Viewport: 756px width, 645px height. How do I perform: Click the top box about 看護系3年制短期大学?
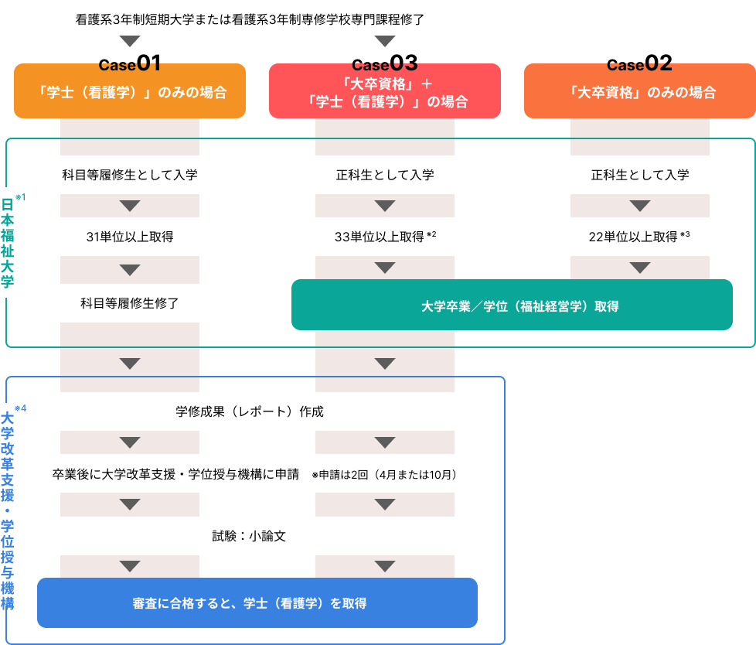pyautogui.click(x=257, y=19)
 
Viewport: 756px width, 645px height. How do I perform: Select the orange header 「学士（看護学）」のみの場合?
pyautogui.click(x=130, y=91)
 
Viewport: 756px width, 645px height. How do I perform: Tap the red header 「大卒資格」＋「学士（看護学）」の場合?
pyautogui.click(x=385, y=91)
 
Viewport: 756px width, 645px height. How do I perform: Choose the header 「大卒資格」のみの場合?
pyautogui.click(x=640, y=91)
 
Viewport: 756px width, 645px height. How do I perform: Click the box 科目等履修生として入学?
pyautogui.click(x=130, y=175)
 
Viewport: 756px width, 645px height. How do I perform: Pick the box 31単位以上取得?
pyautogui.click(x=130, y=237)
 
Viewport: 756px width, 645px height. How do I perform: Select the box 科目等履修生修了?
pyautogui.click(x=130, y=303)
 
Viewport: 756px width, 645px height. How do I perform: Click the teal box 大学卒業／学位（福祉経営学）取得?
pyautogui.click(x=512, y=305)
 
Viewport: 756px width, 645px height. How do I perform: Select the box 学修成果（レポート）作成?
pyautogui.click(x=257, y=411)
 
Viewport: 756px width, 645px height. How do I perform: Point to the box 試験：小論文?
pyautogui.click(x=257, y=535)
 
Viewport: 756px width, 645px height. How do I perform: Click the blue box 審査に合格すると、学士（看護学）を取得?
pyautogui.click(x=257, y=602)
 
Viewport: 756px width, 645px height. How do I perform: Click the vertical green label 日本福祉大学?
pyautogui.click(x=8, y=242)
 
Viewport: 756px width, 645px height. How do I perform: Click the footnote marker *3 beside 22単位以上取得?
pyautogui.click(x=685, y=234)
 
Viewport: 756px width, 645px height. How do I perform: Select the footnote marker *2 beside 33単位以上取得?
pyautogui.click(x=431, y=234)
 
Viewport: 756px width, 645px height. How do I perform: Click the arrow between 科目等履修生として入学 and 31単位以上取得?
pyautogui.click(x=130, y=206)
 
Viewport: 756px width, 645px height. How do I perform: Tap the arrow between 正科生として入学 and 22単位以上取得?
pyautogui.click(x=640, y=206)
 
